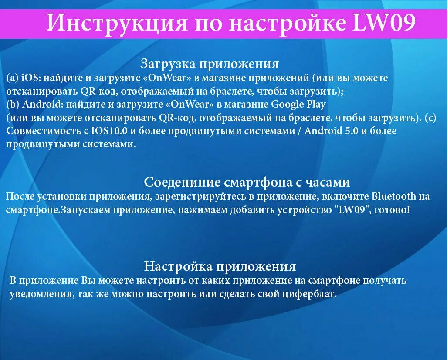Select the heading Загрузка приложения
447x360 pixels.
point(210,64)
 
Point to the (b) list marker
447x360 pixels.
point(13,105)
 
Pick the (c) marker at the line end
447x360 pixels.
point(430,118)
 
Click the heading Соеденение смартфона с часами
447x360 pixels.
point(247,182)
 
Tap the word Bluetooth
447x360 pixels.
point(394,196)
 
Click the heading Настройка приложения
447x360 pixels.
point(220,266)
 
